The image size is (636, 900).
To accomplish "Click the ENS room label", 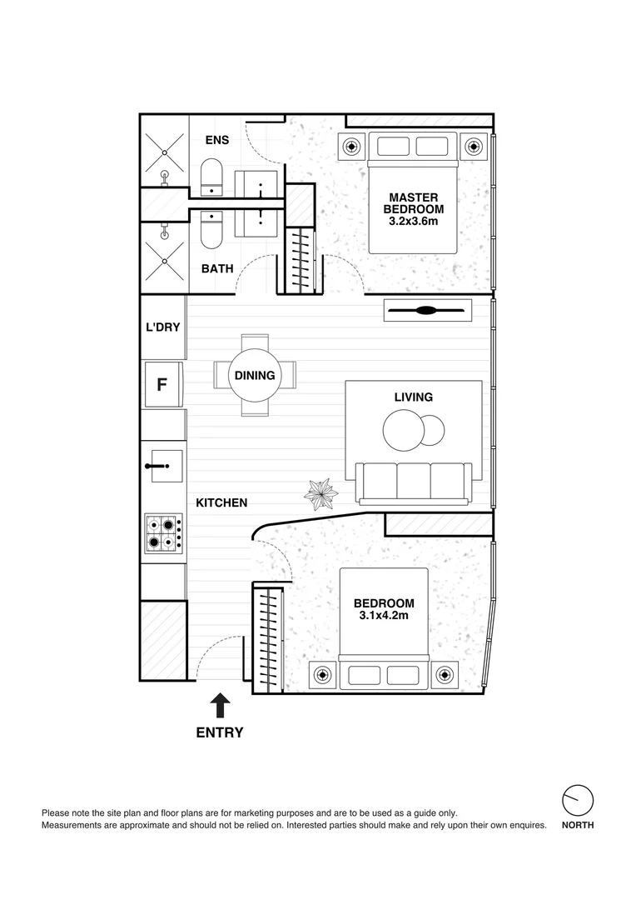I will pos(217,140).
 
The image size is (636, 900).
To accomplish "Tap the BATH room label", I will pos(217,268).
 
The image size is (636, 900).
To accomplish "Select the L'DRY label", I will pos(163,327).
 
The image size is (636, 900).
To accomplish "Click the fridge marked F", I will pos(163,384).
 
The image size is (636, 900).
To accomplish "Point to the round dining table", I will pos(254,376).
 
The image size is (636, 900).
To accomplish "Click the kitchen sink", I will pos(162,467).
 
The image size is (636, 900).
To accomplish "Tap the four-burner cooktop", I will pos(163,532).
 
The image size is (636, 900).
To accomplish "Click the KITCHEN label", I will pos(221,502).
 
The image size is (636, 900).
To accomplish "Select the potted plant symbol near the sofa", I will pos(320,495).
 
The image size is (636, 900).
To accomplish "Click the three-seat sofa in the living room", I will pos(413,482).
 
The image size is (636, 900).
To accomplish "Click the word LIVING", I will pos(413,397).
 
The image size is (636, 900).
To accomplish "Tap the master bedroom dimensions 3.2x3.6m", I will pos(413,222).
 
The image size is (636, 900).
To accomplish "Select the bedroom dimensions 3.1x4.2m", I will pos(384,616).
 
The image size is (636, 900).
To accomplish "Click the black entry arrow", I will pos(220,706).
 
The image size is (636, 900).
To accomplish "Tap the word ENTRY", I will pos(220,733).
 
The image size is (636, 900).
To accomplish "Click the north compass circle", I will pos(578,800).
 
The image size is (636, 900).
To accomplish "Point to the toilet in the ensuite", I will pos(211,177).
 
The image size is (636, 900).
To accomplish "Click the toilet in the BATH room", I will pos(211,230).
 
